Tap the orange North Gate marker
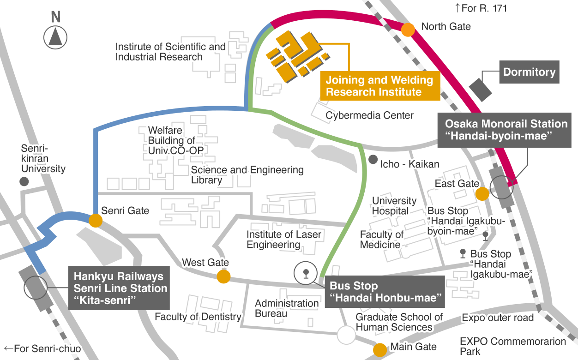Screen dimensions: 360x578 point(408,30)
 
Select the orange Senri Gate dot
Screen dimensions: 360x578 point(95,220)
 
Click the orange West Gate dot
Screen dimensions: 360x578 point(223,276)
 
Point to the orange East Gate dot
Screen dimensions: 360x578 point(482,194)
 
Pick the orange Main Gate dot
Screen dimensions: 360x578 point(380,350)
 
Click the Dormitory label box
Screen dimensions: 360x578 point(529,72)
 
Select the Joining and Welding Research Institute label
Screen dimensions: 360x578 point(379,86)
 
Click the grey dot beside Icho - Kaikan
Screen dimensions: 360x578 point(373,160)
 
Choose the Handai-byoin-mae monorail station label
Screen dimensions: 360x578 point(506,130)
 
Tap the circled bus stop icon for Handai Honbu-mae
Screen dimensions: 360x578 point(305,273)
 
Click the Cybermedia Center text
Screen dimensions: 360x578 point(369,115)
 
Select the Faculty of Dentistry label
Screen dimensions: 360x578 point(198,317)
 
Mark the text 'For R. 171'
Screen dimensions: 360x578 point(481,8)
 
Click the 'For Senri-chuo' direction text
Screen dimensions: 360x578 point(42,348)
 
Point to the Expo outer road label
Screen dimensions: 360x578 point(498,318)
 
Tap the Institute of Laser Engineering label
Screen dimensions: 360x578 point(283,239)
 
